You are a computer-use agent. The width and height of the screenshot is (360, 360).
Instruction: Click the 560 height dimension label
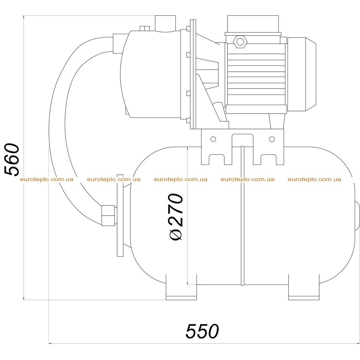pos(12,160)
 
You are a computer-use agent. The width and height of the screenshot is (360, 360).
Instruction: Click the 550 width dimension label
pos(202,331)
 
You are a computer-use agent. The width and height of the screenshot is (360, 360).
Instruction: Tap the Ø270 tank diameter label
pos(176,217)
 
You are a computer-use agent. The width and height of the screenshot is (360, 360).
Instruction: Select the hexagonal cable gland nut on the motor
pos(240,42)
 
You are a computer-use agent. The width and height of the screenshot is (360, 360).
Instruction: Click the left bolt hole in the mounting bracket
pos(213,139)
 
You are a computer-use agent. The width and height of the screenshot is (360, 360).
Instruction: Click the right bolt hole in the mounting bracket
pos(272,139)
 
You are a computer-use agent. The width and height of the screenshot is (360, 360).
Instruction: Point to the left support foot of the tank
pos(181,287)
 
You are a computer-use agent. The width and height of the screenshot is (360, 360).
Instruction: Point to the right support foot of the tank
pos(303,287)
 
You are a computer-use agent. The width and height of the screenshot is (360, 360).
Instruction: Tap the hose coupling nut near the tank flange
pos(108,216)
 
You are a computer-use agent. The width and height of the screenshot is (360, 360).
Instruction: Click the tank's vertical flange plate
pos(120,216)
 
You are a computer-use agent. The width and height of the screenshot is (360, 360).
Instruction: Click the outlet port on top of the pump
pos(165,24)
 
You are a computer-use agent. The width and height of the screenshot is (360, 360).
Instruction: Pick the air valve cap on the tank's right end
pos(357,216)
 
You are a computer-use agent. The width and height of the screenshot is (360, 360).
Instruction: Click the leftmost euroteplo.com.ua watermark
pos(47,179)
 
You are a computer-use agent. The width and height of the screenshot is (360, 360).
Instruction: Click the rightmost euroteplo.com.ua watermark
pos(314,179)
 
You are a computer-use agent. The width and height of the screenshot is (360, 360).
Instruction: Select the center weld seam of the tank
pos(243,216)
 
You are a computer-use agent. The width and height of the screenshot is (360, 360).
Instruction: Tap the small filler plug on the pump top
pos(144,28)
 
